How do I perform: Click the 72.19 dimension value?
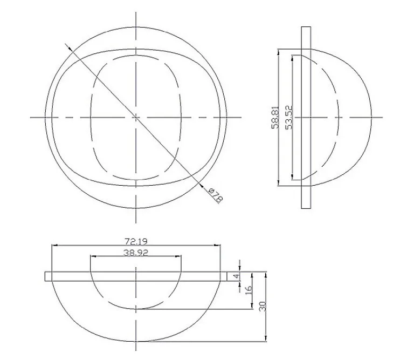pyautogui.click(x=135, y=240)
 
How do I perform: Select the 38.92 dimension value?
pyautogui.click(x=135, y=252)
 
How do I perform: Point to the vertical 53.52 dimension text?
pyautogui.click(x=288, y=117)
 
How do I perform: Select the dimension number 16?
pyautogui.click(x=249, y=289)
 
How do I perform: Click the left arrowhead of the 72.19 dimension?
pyautogui.click(x=53, y=246)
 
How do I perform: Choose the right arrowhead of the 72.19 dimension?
pyautogui.click(x=219, y=246)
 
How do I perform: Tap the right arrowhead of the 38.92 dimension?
pyautogui.click(x=180, y=256)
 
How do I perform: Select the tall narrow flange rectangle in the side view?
pyautogui.click(x=306, y=117)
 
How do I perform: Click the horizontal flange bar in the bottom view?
pyautogui.click(x=135, y=276)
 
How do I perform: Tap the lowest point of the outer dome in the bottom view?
pyautogui.click(x=136, y=342)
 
